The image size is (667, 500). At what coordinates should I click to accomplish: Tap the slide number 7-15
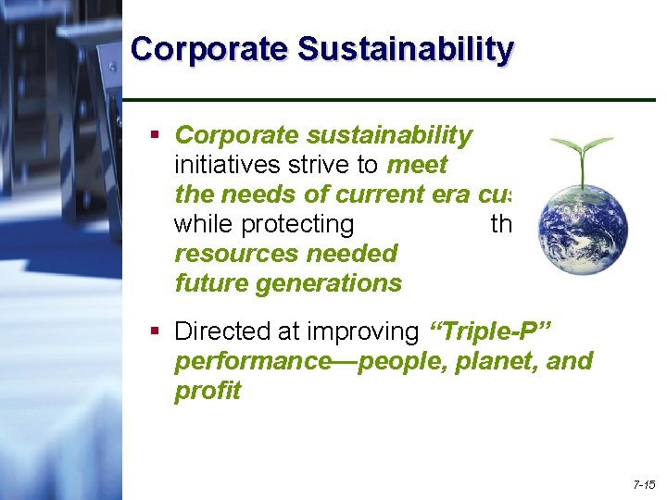[x=644, y=484]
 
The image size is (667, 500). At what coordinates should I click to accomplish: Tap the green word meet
[x=417, y=165]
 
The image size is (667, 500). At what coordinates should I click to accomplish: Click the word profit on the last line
[x=208, y=391]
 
